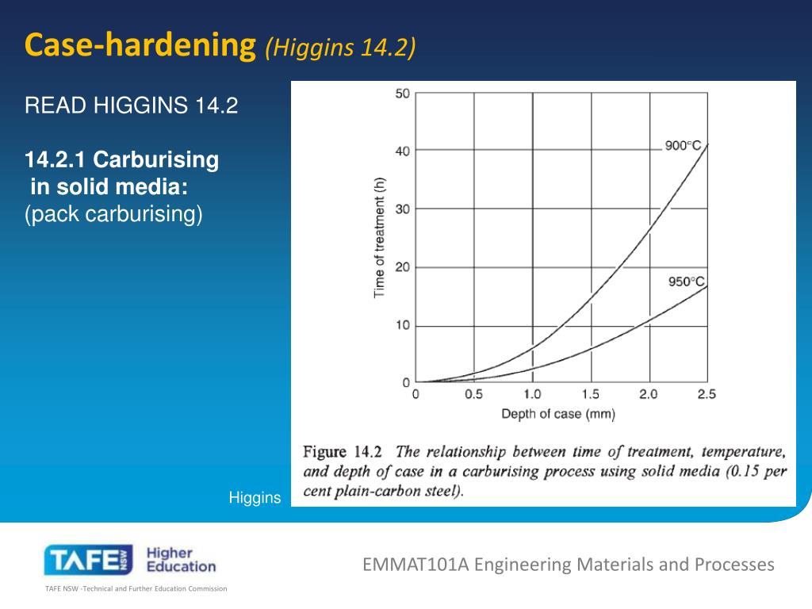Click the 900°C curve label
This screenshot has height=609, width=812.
[683, 145]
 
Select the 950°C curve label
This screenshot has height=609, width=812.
[686, 282]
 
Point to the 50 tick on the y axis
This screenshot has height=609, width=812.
[402, 94]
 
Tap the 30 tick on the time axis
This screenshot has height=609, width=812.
[402, 209]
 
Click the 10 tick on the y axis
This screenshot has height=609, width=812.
[402, 325]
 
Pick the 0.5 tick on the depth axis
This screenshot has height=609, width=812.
[473, 394]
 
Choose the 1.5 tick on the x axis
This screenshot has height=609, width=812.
[590, 394]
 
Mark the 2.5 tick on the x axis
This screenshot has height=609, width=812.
[707, 394]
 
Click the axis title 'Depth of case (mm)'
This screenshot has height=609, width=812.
[557, 413]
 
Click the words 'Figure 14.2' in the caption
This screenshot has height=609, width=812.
[343, 452]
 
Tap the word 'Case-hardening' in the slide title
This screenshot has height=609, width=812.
[141, 45]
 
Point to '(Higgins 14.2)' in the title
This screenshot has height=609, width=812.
[340, 48]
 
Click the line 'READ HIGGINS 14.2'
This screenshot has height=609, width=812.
[132, 105]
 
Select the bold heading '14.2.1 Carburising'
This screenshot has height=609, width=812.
[122, 160]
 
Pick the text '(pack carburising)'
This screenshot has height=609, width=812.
[114, 214]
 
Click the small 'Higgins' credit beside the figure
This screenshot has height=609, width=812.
[255, 498]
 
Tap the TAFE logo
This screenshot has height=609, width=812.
[87, 561]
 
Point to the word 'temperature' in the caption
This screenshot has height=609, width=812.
[745, 452]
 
